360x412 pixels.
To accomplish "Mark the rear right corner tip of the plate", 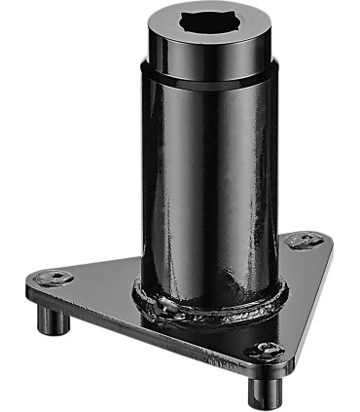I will pyautogui.click(x=326, y=240).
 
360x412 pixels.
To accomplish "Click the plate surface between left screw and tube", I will pyautogui.click(x=97, y=278).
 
